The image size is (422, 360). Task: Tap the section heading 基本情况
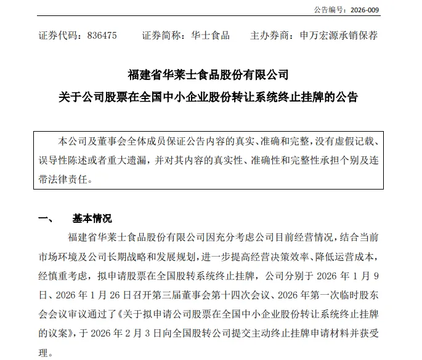tap(92, 218)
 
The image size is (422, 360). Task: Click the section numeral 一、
tap(47, 218)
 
